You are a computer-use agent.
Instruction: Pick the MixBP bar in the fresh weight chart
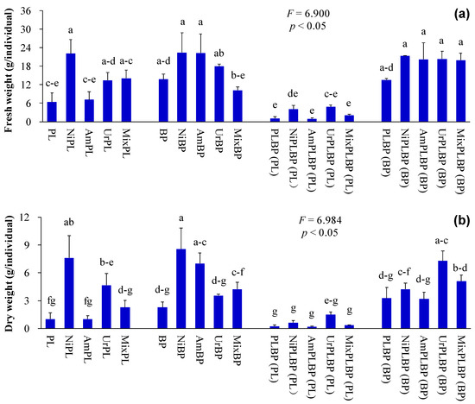tap(237, 106)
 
